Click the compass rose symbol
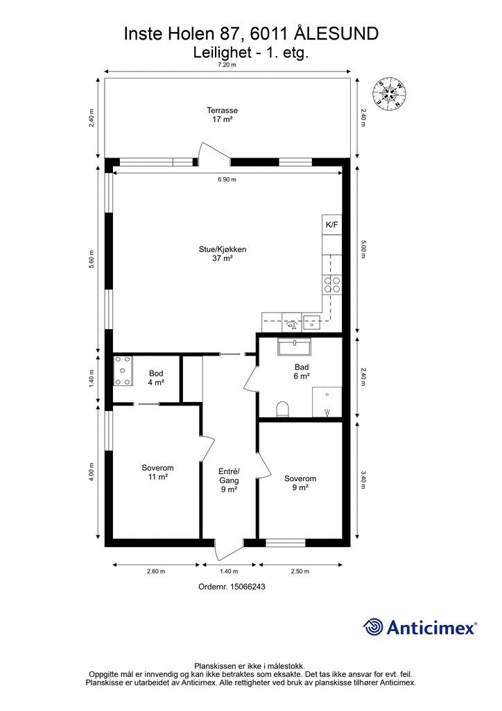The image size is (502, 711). point(388,94)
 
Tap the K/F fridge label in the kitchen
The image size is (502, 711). point(332,224)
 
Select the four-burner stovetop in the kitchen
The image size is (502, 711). point(332,284)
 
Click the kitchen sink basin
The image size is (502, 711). point(312,324)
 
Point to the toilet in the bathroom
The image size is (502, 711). point(282,409)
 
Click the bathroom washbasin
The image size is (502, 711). point(294,347)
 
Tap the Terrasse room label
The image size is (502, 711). point(223,115)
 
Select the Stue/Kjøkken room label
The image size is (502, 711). point(223,254)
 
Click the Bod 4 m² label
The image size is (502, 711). point(156,378)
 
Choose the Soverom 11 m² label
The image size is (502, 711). point(157,472)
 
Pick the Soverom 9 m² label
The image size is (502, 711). point(300,483)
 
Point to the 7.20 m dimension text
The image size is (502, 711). point(227,65)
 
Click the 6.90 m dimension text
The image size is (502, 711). point(227,180)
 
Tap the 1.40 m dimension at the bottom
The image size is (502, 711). point(229,571)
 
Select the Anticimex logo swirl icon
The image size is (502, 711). point(372,628)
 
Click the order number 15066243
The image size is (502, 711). point(248,586)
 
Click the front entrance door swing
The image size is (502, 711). point(229,551)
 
